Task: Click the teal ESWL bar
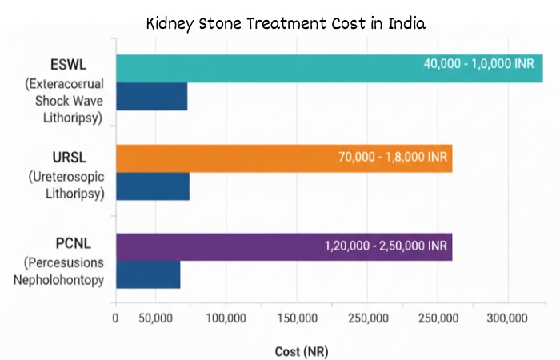click(x=264, y=68)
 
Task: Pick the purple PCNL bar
click(x=216, y=247)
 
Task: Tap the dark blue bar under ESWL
click(x=151, y=96)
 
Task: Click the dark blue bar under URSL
click(x=153, y=186)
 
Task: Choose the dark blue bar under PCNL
click(x=148, y=274)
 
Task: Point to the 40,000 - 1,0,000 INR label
click(x=478, y=63)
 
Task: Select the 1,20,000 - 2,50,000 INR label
click(x=386, y=246)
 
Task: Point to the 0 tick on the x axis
click(x=115, y=318)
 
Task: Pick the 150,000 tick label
click(x=297, y=318)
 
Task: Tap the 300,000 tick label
click(x=507, y=318)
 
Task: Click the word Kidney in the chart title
click(x=170, y=23)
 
